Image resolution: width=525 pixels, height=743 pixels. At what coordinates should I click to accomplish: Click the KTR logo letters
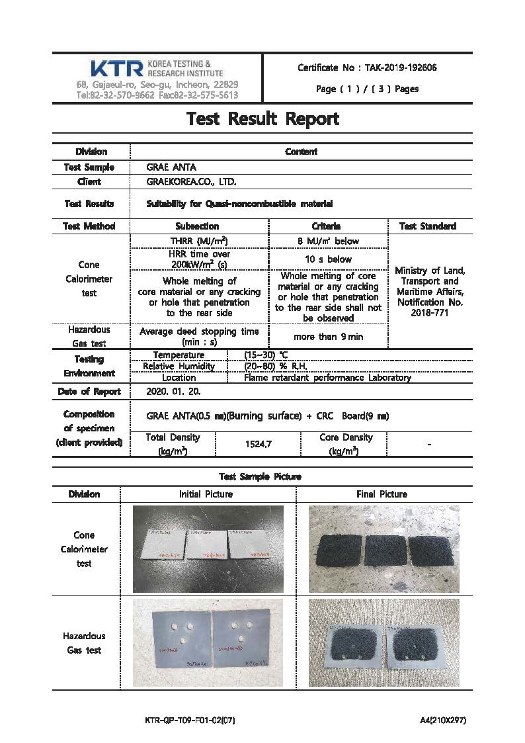[x=116, y=68]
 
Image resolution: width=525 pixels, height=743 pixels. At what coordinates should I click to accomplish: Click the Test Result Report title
[x=262, y=119]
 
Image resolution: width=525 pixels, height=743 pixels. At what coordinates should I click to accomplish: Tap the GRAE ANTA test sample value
[x=171, y=167]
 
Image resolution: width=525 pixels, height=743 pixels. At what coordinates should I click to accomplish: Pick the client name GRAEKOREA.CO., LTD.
[x=191, y=181]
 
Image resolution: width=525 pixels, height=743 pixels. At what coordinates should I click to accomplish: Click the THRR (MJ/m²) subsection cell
[x=199, y=241]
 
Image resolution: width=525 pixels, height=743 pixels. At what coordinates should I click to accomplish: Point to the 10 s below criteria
[x=328, y=259]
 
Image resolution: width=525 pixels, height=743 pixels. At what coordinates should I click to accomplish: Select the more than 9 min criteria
[x=328, y=336]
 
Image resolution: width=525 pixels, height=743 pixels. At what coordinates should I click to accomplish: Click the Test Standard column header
[x=428, y=226]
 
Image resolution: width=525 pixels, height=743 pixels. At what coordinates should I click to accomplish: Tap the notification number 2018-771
[x=429, y=312]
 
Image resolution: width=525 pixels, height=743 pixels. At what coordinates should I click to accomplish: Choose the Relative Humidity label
[x=179, y=367]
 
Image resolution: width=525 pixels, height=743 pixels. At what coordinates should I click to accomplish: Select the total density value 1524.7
[x=258, y=444]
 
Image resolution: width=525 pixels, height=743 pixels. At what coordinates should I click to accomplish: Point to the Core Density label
[x=346, y=437]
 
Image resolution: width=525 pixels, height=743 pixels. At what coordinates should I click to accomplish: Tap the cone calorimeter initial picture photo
[x=208, y=549]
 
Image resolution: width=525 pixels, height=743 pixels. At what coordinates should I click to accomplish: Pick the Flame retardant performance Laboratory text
[x=327, y=378]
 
